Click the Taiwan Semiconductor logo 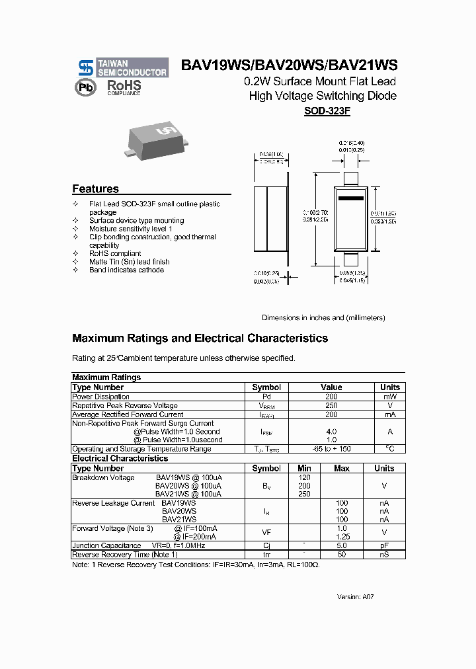click(122, 67)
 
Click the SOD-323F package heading click(327, 112)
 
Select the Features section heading click(95, 188)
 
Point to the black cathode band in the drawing click(350, 198)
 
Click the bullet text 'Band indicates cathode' click(126, 270)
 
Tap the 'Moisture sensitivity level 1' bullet click(130, 229)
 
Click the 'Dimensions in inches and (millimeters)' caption click(323, 317)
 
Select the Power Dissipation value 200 click(331, 397)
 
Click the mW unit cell click(389, 397)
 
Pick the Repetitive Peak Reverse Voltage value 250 click(331, 405)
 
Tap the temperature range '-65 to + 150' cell click(331, 449)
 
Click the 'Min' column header click(304, 468)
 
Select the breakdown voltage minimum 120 click(304, 477)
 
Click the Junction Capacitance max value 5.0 click(342, 546)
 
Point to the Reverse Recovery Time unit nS click(384, 554)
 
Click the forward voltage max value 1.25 click(342, 537)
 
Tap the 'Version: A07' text click(356, 596)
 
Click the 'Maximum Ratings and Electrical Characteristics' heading click(200, 338)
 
